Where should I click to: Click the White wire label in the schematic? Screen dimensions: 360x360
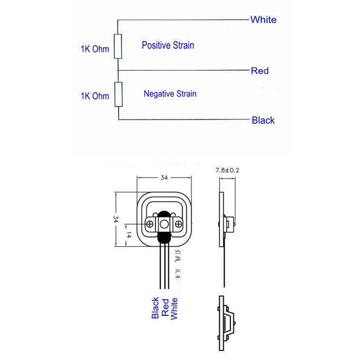pyautogui.click(x=263, y=20)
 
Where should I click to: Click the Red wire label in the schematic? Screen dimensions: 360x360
pyautogui.click(x=260, y=71)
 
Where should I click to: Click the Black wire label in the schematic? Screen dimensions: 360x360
pyautogui.click(x=263, y=120)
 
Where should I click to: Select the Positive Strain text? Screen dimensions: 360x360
pyautogui.click(x=168, y=45)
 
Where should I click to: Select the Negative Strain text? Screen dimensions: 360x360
pyautogui.click(x=170, y=94)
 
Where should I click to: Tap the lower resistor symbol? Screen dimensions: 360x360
pyautogui.click(x=118, y=94)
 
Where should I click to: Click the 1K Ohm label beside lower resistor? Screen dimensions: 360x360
pyautogui.click(x=94, y=96)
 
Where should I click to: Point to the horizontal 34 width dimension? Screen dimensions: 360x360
pyautogui.click(x=164, y=178)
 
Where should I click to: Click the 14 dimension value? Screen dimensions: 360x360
pyautogui.click(x=128, y=235)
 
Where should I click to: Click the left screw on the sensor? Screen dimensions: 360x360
pyautogui.click(x=150, y=224)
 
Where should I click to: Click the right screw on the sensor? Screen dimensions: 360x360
pyautogui.click(x=179, y=224)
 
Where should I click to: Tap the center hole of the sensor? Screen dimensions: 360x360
pyautogui.click(x=164, y=224)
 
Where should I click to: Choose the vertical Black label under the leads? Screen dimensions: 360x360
pyautogui.click(x=155, y=308)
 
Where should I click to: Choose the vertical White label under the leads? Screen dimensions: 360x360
pyautogui.click(x=175, y=308)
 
